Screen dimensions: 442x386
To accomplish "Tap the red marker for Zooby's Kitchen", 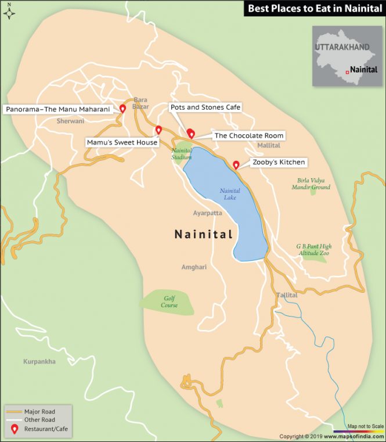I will (x=236, y=164).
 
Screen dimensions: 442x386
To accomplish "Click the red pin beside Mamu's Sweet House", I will (x=158, y=130).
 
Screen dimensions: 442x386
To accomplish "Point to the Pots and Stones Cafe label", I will (x=205, y=107).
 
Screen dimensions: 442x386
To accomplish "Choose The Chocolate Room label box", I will (x=249, y=135).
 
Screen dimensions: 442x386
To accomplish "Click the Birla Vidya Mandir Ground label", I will (x=313, y=184).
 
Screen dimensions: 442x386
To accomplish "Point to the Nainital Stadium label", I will (x=181, y=153).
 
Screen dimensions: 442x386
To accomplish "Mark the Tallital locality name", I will (x=287, y=295).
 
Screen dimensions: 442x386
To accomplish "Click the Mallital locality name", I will (x=268, y=145).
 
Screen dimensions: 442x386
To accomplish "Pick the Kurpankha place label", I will (x=39, y=361).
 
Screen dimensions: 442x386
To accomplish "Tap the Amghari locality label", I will (x=193, y=267).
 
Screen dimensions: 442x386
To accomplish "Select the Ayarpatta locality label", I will (x=207, y=213).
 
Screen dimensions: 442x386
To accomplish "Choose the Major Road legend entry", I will (x=39, y=410).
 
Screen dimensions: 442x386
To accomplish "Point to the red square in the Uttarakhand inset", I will (x=347, y=71).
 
